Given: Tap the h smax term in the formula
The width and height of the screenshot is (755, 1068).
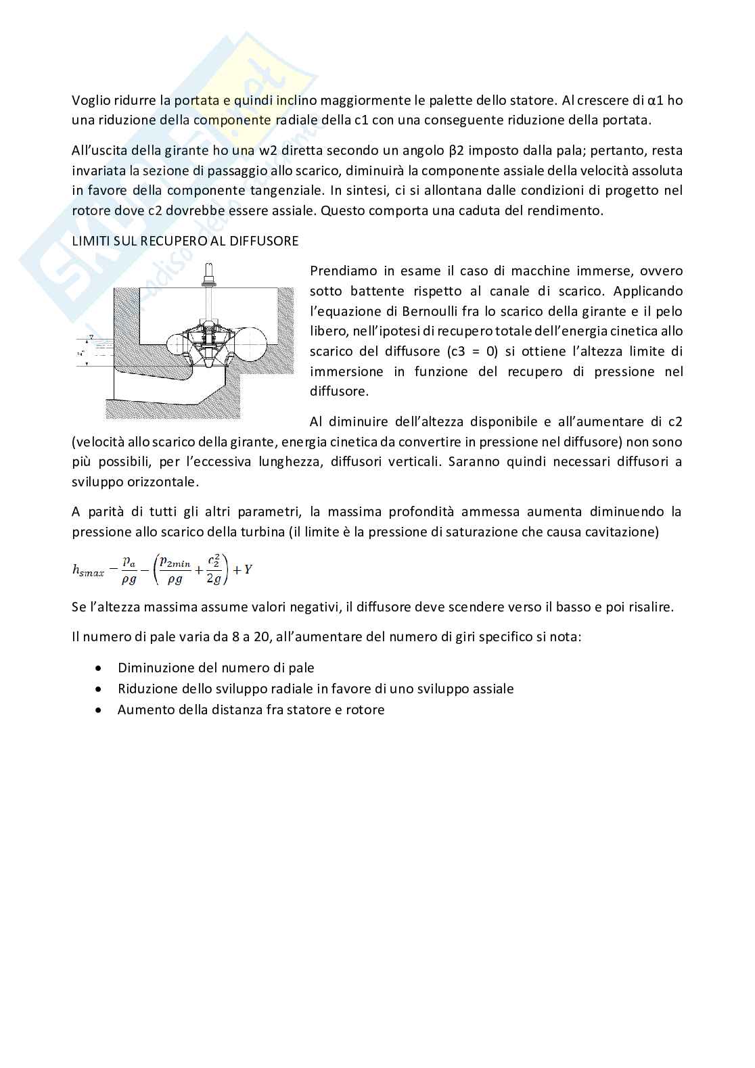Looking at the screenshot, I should tap(88, 571).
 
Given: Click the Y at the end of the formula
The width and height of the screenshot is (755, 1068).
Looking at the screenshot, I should tap(248, 570).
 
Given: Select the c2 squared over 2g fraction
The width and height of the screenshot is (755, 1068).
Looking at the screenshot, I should tap(214, 570).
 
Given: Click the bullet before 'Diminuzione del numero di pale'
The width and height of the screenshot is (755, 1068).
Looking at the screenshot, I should tap(100, 668).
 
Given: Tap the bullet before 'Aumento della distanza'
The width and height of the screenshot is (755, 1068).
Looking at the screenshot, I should tap(100, 710).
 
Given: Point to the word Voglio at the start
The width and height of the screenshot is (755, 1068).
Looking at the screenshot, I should tap(91, 101).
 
